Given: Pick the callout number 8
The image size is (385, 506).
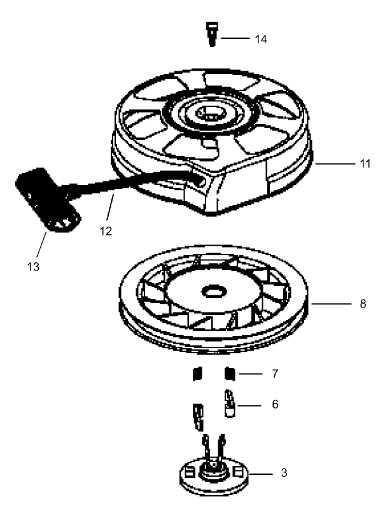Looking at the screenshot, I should point(362,304).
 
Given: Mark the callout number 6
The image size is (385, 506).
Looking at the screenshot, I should point(275,404).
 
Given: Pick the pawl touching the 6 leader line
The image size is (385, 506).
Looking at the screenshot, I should point(229,405).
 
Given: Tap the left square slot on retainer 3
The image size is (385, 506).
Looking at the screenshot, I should point(189,472).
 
